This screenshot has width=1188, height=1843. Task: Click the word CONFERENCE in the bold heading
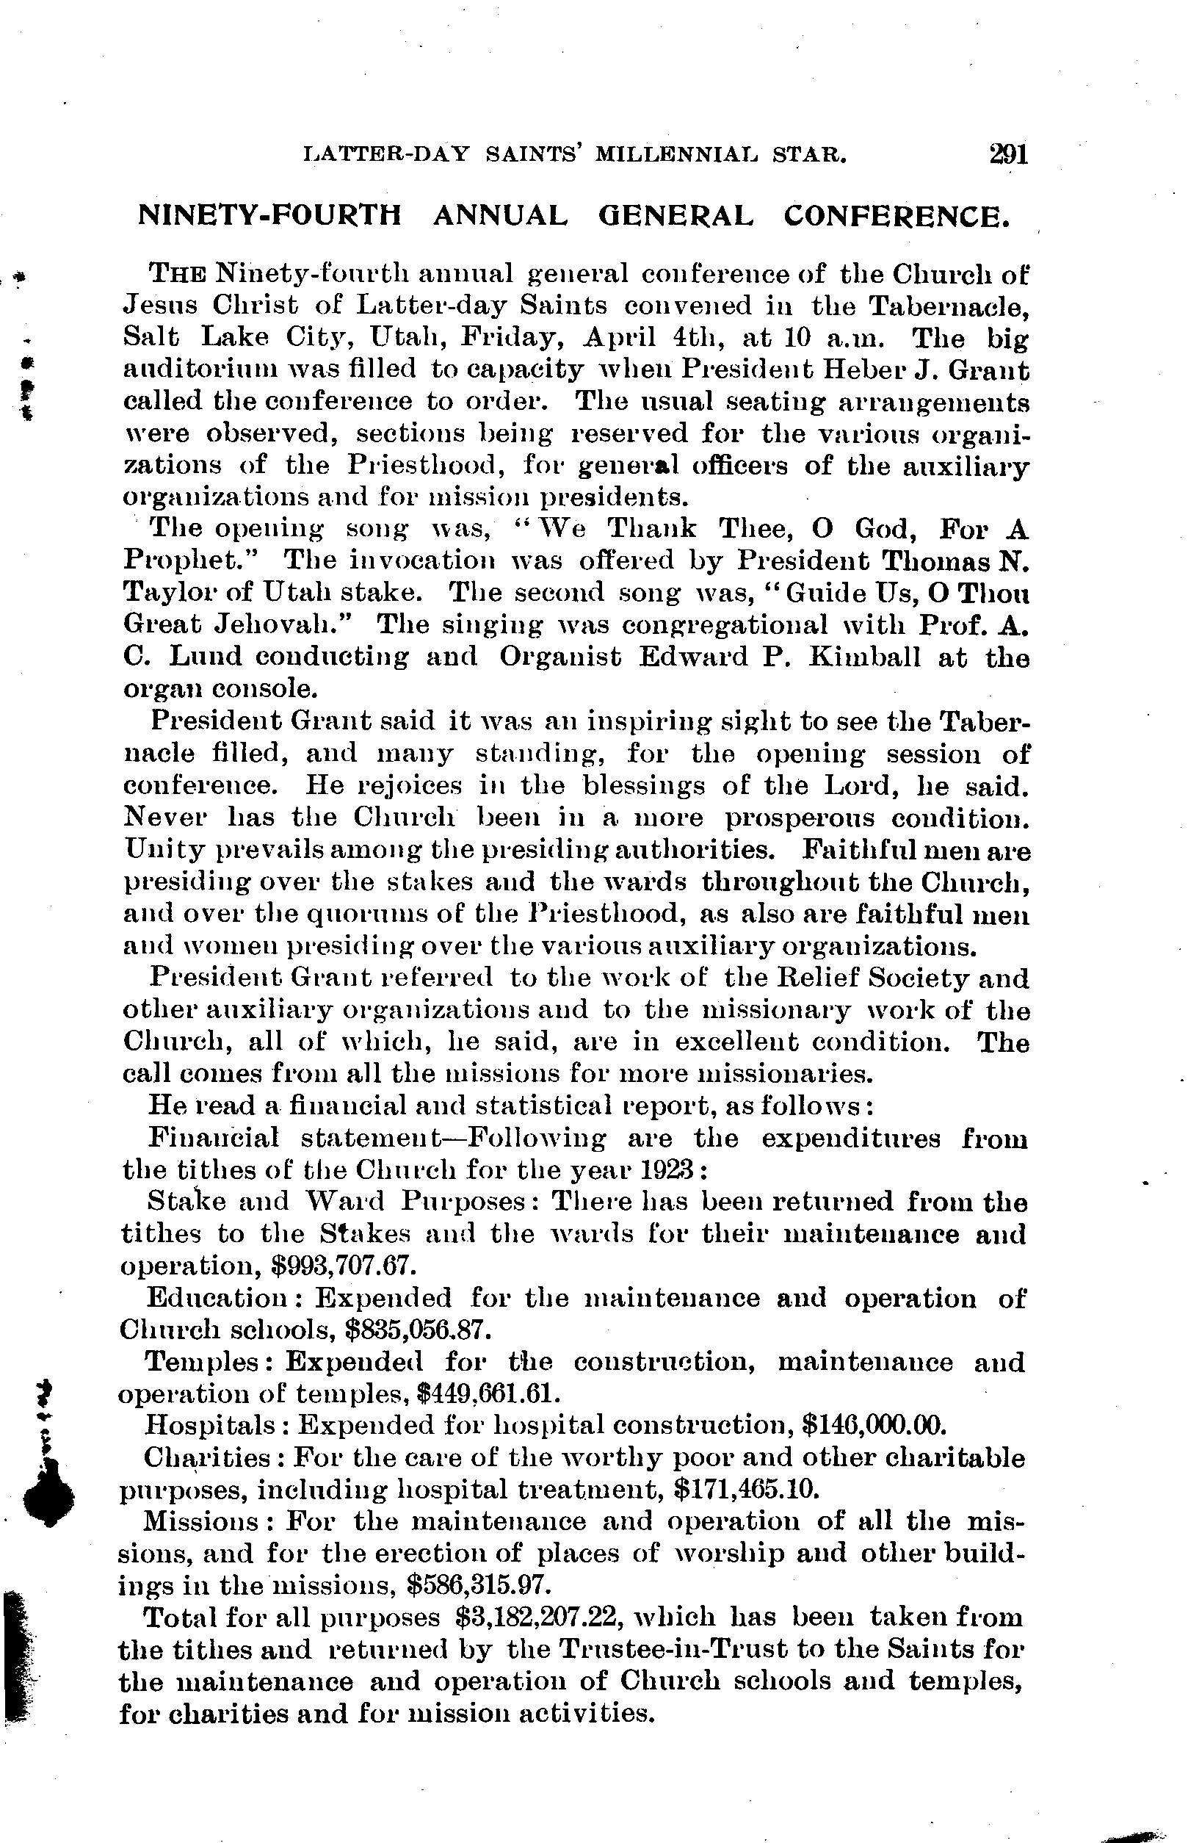click(x=897, y=216)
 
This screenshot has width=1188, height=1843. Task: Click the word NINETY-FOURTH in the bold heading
click(x=270, y=216)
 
